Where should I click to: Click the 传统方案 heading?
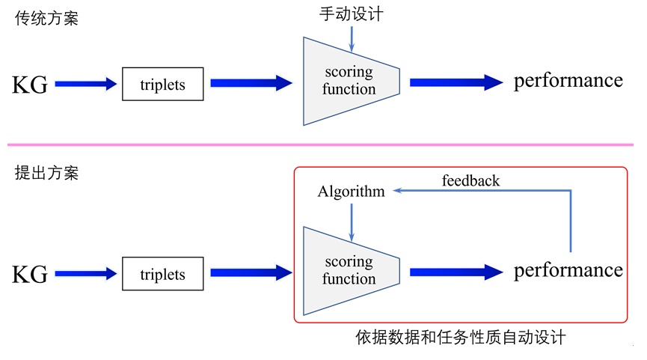click(46, 18)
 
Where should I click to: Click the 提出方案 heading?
click(46, 173)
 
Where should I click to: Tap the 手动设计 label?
click(352, 14)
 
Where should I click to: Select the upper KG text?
click(30, 85)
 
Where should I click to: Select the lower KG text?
click(30, 275)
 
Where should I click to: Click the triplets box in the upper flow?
click(162, 84)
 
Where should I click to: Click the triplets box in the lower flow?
click(162, 274)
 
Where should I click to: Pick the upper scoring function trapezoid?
click(351, 82)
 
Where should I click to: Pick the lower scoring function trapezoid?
click(351, 271)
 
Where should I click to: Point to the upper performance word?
click(568, 82)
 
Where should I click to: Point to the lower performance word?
click(568, 271)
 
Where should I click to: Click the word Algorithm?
click(351, 192)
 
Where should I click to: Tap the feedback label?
click(470, 180)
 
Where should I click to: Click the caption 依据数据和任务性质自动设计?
click(461, 338)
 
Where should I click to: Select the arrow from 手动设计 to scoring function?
click(352, 39)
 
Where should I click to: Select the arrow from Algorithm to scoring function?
click(352, 222)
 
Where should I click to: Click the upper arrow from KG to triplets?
click(86, 84)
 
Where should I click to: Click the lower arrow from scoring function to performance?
click(456, 272)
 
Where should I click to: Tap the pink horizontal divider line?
click(320, 145)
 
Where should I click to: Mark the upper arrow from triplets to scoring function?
click(251, 83)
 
